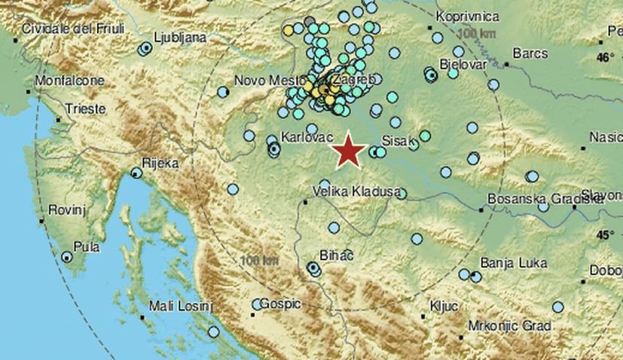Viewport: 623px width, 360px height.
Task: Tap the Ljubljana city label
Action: (x=179, y=35)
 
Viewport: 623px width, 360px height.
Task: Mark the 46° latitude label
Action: (x=606, y=57)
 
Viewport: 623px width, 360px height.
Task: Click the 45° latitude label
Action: (x=606, y=235)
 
